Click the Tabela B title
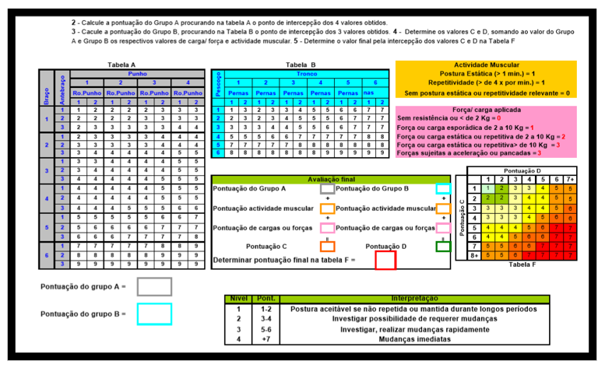pos(301,65)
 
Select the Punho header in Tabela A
pos(137,73)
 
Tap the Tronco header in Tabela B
pos(306,73)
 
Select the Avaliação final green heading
pos(331,178)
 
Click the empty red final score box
pos(385,260)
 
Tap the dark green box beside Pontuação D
pos(443,246)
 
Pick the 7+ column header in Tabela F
pos(569,179)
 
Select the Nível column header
pos(239,299)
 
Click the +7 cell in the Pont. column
pos(266,339)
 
